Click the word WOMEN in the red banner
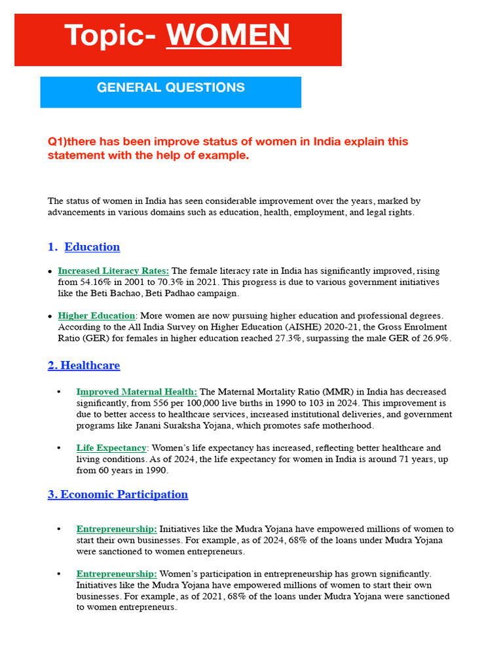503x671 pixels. (x=229, y=35)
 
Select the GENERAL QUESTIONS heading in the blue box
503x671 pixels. (x=171, y=87)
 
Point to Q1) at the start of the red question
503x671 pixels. (x=58, y=142)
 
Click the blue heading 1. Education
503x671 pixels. (x=84, y=247)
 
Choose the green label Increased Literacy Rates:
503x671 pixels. (x=113, y=271)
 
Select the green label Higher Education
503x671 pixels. (x=97, y=316)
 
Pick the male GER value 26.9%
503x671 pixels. (x=434, y=339)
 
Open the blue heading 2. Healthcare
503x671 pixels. (x=84, y=366)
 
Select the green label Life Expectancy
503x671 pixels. (x=111, y=448)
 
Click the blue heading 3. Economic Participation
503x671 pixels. (x=118, y=495)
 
